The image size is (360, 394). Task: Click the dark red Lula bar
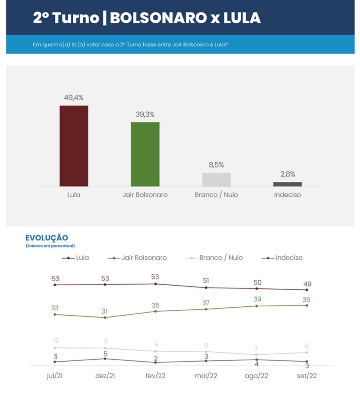(x=74, y=146)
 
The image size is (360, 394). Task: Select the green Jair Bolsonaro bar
(x=145, y=154)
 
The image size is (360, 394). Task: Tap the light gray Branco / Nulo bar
(x=216, y=180)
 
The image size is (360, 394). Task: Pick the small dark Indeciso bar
(x=287, y=184)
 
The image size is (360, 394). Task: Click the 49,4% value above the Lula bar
(x=74, y=98)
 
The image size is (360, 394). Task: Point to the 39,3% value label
(x=145, y=114)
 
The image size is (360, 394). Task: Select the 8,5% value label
(x=216, y=165)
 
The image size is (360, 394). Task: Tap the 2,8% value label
(x=287, y=174)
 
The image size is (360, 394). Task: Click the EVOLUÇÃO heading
(x=47, y=238)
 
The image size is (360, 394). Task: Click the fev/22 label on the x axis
(x=156, y=376)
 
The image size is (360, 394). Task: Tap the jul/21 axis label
(x=54, y=376)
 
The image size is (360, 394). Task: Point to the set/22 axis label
(x=307, y=376)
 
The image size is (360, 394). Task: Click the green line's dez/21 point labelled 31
(x=105, y=311)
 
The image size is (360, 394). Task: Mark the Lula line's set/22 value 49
(x=307, y=284)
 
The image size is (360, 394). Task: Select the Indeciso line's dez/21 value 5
(x=105, y=353)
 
